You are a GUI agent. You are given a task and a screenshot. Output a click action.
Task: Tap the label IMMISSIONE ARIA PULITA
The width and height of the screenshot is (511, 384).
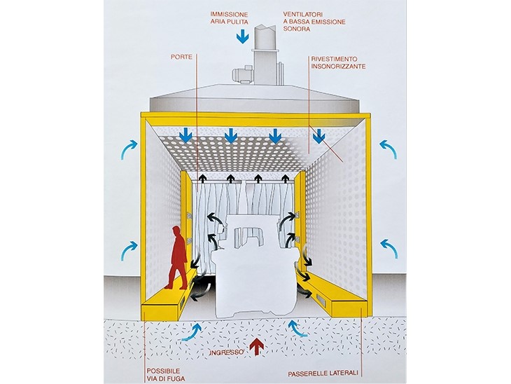click(229, 18)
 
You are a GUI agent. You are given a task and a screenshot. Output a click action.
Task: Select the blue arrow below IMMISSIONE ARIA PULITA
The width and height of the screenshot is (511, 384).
click(242, 36)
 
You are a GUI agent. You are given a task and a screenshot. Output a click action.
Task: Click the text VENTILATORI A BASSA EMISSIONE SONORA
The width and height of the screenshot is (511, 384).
click(314, 22)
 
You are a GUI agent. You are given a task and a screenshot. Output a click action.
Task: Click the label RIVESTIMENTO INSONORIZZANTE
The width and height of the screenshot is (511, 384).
click(338, 62)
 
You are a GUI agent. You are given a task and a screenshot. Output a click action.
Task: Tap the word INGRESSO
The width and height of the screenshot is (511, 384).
click(227, 352)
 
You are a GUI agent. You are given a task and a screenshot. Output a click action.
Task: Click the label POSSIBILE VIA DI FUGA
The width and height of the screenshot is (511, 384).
click(166, 375)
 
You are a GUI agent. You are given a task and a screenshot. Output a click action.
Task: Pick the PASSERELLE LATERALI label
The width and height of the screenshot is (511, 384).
click(323, 373)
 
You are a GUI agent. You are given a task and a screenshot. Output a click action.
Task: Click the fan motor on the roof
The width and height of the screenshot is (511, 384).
click(241, 73)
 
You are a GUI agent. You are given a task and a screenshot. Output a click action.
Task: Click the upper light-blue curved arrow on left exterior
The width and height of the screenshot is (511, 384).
click(129, 149)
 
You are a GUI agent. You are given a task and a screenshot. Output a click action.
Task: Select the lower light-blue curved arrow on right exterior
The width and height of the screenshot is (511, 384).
click(389, 248)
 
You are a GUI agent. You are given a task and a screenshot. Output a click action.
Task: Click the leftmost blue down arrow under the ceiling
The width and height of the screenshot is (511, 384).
click(187, 135)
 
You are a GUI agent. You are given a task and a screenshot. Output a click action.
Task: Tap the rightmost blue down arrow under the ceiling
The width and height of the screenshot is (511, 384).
click(318, 136)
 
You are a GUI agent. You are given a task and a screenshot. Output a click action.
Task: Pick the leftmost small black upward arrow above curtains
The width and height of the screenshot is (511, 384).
click(203, 178)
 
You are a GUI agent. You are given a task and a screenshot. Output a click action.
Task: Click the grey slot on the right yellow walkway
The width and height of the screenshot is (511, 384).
click(321, 298)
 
